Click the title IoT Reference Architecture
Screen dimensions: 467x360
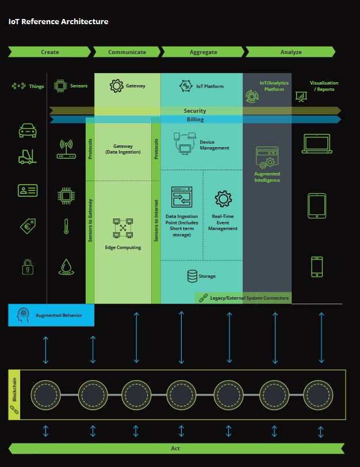pyautogui.click(x=58, y=22)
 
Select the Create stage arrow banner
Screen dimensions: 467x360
pyautogui.click(x=49, y=52)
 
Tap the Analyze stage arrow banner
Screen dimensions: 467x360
pyautogui.click(x=290, y=52)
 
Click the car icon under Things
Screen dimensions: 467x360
pyautogui.click(x=27, y=131)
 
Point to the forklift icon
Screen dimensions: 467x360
pyautogui.click(x=27, y=156)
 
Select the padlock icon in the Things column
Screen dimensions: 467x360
pyautogui.click(x=27, y=266)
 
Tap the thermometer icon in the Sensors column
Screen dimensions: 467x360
pyautogui.click(x=66, y=226)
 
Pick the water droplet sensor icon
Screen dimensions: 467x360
pyautogui.click(x=66, y=266)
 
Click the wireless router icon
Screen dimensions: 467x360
pyautogui.click(x=66, y=148)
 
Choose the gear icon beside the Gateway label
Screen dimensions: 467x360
pyautogui.click(x=117, y=86)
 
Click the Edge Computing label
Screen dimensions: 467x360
pyautogui.click(x=123, y=247)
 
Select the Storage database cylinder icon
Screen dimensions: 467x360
pyautogui.click(x=192, y=276)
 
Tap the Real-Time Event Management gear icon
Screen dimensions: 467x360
pyautogui.click(x=223, y=200)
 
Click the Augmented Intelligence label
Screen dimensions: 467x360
pyautogui.click(x=267, y=177)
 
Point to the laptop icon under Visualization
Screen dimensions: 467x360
pyautogui.click(x=316, y=144)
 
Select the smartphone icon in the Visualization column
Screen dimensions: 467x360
pyautogui.click(x=317, y=266)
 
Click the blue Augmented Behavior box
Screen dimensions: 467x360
pyautogui.click(x=51, y=315)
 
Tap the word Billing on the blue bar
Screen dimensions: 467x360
pyautogui.click(x=195, y=120)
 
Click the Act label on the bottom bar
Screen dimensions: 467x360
pyautogui.click(x=176, y=448)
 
